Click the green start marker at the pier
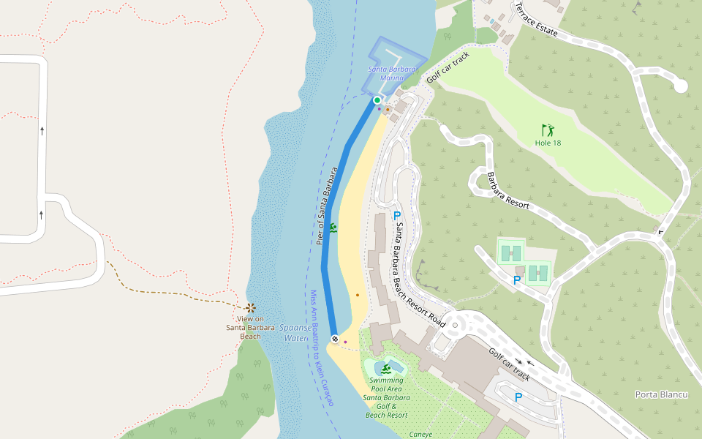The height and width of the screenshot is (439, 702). [x=377, y=100]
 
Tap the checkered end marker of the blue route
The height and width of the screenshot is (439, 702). [x=334, y=339]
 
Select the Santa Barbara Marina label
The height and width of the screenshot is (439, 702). [x=392, y=73]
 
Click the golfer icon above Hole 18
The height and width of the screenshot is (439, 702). [x=548, y=130]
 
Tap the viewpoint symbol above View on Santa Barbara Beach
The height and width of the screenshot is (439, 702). [x=251, y=308]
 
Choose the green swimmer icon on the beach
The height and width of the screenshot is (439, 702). [x=333, y=228]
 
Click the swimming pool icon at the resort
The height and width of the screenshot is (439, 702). [x=386, y=368]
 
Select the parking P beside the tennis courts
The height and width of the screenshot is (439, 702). [x=517, y=280]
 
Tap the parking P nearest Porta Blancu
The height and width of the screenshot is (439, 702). [x=518, y=397]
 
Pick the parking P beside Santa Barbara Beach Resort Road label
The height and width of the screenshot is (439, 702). [x=397, y=216]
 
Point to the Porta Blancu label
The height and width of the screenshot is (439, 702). [x=662, y=394]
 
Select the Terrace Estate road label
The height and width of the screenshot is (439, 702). [x=537, y=20]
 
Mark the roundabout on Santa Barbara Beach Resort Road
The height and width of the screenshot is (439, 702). [x=454, y=325]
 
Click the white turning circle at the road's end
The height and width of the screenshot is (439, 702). [x=681, y=86]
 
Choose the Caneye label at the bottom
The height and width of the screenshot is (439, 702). [x=420, y=434]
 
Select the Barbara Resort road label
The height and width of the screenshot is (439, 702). [x=507, y=191]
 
